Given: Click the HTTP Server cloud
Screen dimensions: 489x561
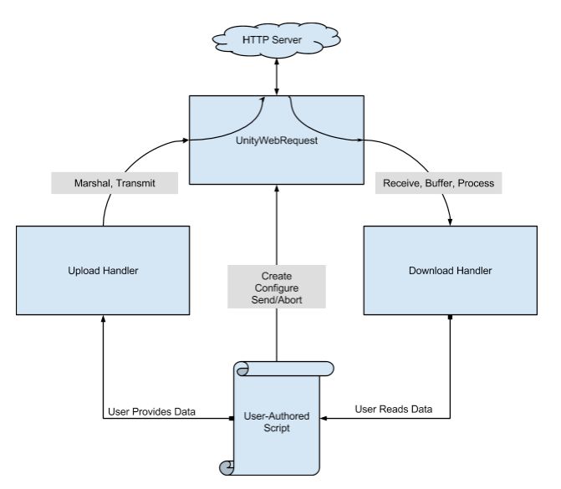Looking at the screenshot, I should click(x=277, y=41).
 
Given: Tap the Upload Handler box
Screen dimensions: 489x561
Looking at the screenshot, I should click(x=103, y=270).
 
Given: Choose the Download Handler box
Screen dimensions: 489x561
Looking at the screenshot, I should click(x=451, y=270).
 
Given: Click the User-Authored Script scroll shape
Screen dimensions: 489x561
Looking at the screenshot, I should click(x=277, y=417).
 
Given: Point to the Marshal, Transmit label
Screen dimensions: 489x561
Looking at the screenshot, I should click(x=103, y=182).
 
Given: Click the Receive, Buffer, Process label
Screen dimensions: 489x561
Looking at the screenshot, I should click(x=438, y=182).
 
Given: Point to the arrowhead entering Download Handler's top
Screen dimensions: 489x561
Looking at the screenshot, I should click(x=451, y=222).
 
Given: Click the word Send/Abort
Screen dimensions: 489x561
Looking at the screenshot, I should click(x=277, y=300).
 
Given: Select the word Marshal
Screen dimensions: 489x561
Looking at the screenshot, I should click(x=80, y=182).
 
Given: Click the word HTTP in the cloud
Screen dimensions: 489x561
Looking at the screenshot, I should click(x=256, y=41).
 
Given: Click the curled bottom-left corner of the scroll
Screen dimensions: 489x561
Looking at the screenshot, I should click(x=226, y=466).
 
